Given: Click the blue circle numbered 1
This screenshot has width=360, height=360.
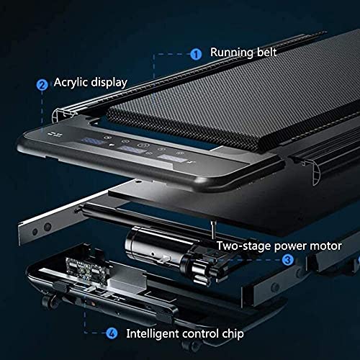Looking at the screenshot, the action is [x=196, y=54].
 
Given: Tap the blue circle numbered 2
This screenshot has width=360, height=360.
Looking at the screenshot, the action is [x=42, y=85].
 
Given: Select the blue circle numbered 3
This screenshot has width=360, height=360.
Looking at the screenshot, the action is [x=287, y=260].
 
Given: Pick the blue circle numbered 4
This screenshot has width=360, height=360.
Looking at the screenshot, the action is [x=112, y=333].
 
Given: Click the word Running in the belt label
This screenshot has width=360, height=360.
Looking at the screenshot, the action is [x=232, y=53].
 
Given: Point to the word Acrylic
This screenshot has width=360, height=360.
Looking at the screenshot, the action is [x=71, y=82].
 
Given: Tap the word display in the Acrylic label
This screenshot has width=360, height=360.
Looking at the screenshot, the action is [x=109, y=83].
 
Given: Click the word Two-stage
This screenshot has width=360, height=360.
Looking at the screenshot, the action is [x=244, y=246].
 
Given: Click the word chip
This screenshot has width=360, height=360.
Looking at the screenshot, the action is [x=233, y=334].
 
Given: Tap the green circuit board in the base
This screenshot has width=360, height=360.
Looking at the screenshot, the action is [x=87, y=269].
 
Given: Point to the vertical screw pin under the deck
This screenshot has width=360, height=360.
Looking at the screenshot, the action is [x=212, y=230].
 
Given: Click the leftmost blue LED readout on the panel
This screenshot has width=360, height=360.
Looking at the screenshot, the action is [x=92, y=141].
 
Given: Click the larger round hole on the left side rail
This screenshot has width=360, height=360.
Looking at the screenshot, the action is [x=48, y=227].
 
